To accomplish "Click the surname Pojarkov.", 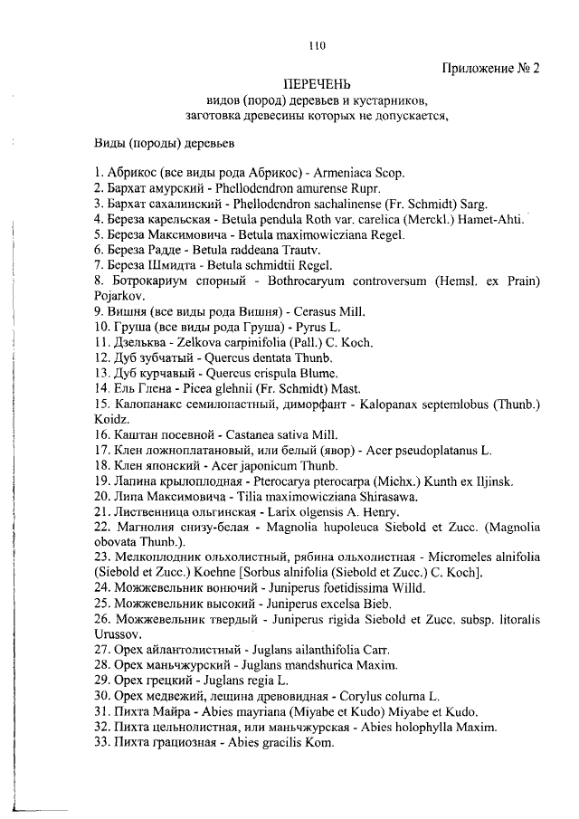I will pos(118,295).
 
